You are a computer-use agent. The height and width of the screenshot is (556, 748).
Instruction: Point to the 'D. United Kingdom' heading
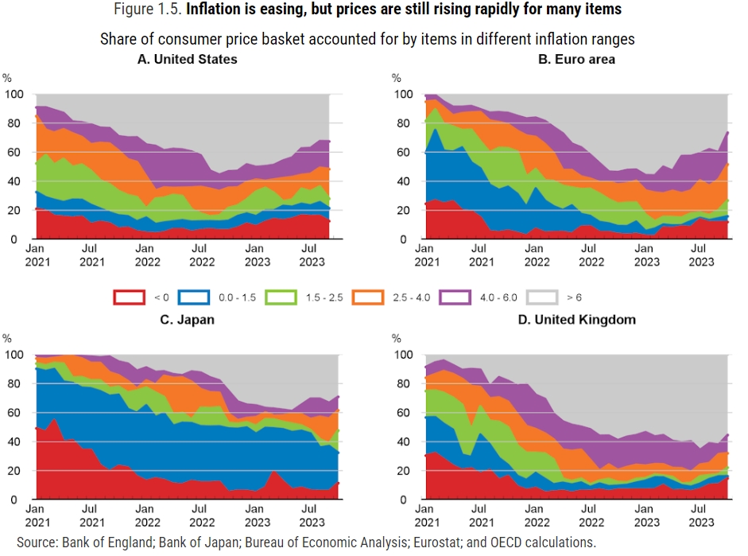(x=576, y=320)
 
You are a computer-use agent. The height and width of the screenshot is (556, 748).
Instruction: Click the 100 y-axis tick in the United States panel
(x=14, y=95)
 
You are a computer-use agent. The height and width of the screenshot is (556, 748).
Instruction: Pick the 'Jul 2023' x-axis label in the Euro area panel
(x=700, y=253)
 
